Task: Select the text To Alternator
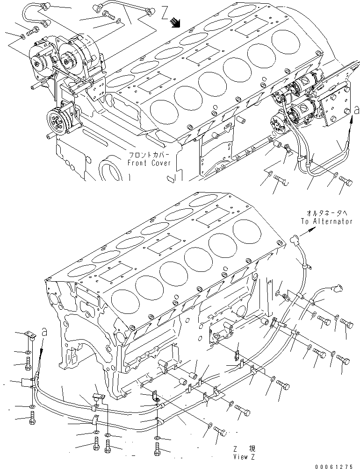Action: pos(326,221)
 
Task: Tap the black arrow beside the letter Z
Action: pos(175,21)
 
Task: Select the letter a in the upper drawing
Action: pos(357,110)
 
